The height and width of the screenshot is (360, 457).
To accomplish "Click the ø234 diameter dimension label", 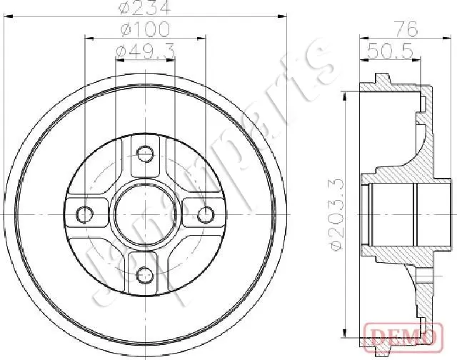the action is [x=145, y=7].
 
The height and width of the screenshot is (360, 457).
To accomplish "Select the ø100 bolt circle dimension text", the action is [x=146, y=29].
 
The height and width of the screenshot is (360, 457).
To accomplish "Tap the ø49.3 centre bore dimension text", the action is [x=146, y=51].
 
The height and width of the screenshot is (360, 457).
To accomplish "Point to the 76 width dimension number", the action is [x=407, y=29].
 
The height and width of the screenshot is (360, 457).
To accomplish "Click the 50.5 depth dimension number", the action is [x=390, y=51].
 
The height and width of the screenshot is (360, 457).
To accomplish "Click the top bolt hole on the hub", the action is [x=145, y=154].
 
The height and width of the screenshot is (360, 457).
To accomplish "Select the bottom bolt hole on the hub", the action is [x=145, y=274].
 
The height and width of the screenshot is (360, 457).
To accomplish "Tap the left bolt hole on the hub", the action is [x=84, y=214].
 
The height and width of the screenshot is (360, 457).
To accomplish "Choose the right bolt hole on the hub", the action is [x=206, y=214].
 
